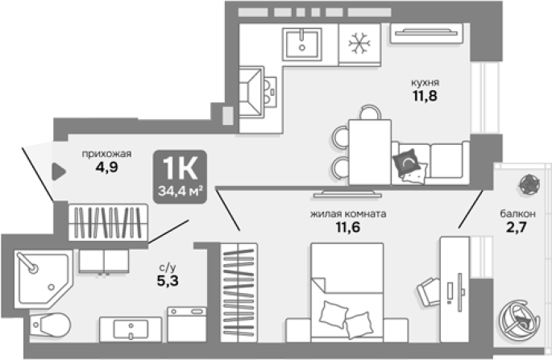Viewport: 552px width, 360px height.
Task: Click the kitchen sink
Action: coord(302,44)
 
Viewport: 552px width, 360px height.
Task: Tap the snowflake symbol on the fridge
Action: coord(359,43)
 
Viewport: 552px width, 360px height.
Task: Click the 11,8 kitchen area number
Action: coord(425,96)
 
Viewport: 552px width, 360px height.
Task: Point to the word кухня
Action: coord(425,83)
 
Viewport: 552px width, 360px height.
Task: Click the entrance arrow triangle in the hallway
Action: coord(59,172)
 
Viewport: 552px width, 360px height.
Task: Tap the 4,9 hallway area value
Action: coord(106,168)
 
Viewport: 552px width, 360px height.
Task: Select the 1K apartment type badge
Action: coord(180,176)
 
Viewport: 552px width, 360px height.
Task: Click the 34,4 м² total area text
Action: coord(180,191)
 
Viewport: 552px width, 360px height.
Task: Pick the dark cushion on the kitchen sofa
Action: coord(406,162)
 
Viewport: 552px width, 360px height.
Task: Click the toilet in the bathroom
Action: coord(50,325)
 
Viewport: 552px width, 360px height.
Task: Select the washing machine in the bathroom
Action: coord(187,324)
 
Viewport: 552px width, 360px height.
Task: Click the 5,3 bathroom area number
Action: coord(168,281)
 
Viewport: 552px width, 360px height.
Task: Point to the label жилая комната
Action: coord(348,214)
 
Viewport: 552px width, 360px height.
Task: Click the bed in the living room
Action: coord(347,292)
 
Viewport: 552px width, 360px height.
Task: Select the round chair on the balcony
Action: coord(519,320)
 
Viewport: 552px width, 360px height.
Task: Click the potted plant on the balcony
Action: coord(529,184)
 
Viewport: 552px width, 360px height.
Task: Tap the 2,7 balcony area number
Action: coord(517,227)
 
